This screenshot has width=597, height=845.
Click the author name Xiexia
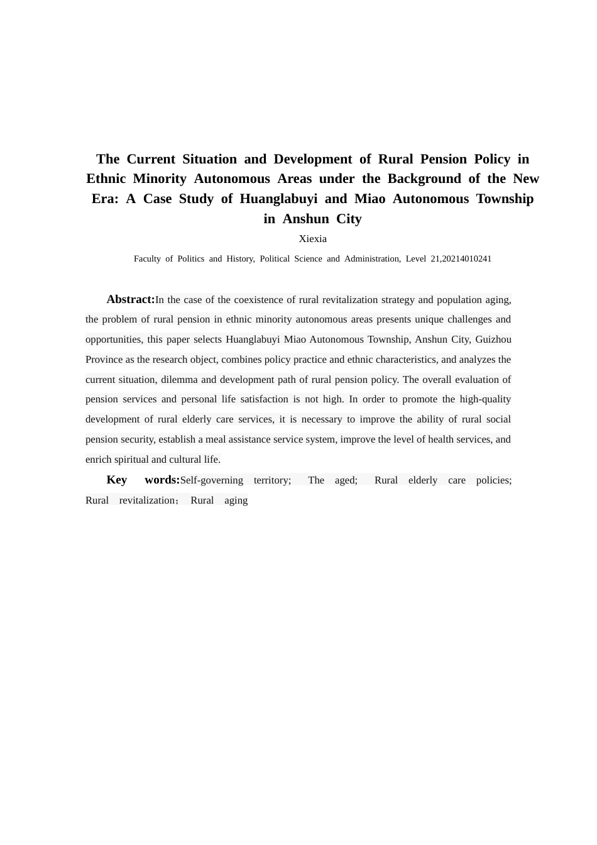[312, 239]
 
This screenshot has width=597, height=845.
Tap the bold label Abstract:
[131, 299]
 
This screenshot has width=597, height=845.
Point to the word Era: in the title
[105, 199]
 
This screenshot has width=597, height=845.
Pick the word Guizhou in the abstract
[493, 340]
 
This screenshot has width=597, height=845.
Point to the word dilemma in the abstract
[180, 380]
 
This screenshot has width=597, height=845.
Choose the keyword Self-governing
[211, 480]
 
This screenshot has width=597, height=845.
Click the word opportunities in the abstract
[113, 340]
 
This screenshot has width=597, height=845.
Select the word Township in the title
[505, 199]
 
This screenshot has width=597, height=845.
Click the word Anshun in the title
[307, 219]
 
